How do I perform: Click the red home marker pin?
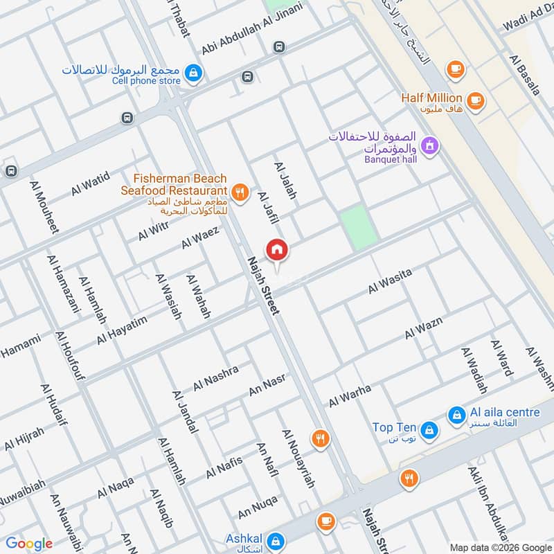tap(277, 250)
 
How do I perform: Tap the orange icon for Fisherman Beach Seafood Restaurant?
tap(240, 193)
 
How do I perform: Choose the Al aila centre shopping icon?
tap(456, 415)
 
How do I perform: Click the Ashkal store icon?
tap(276, 539)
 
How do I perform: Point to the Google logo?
tap(29, 544)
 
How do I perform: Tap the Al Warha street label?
tap(350, 396)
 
